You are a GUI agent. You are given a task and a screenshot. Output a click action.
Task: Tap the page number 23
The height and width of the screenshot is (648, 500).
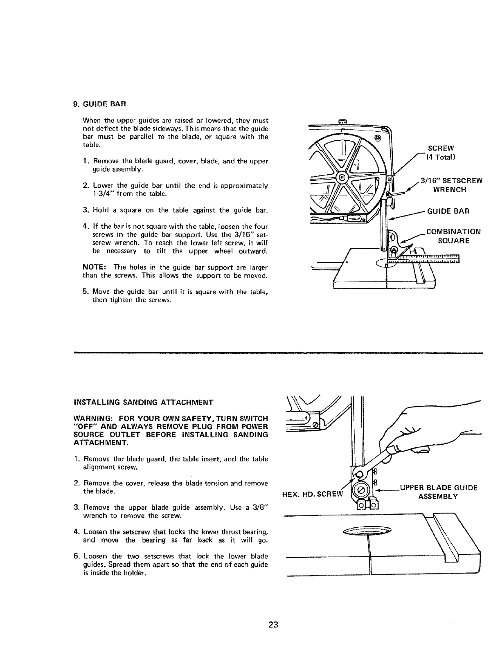click(x=274, y=624)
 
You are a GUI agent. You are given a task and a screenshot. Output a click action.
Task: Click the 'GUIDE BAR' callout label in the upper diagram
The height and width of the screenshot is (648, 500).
click(x=448, y=211)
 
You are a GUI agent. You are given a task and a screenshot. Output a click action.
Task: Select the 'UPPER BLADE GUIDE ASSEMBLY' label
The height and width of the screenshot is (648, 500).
click(x=438, y=492)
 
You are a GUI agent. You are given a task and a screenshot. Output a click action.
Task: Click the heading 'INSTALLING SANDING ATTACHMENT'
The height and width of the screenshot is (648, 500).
click(x=143, y=402)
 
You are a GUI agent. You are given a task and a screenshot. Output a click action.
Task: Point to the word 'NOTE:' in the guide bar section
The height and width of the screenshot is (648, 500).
click(x=94, y=268)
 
